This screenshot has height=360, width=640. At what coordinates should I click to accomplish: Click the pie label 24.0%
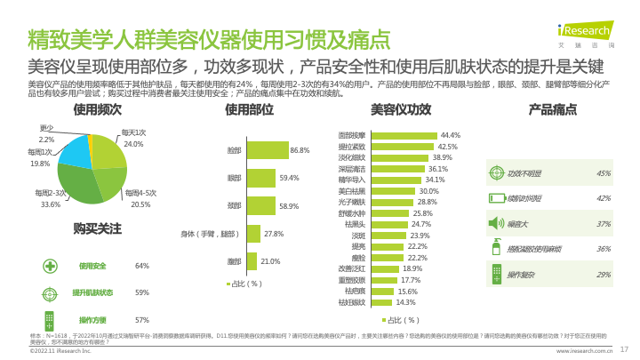133,144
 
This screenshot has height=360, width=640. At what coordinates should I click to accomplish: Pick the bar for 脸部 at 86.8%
266,150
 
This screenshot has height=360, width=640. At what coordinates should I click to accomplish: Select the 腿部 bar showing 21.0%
251,261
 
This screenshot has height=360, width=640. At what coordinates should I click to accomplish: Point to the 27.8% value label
274,234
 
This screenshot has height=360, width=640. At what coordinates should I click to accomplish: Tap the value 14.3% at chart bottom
406,302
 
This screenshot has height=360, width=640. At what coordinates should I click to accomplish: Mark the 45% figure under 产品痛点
604,173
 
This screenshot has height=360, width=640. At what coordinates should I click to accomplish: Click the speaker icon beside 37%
497,223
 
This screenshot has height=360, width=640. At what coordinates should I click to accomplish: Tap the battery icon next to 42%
497,198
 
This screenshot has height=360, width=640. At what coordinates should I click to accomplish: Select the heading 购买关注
97,228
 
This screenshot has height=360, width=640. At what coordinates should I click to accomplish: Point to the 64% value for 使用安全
141,266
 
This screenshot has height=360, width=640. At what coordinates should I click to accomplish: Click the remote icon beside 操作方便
51,319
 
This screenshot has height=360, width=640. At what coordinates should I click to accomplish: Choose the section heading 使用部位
250,109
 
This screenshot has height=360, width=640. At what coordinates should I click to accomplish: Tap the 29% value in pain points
604,275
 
